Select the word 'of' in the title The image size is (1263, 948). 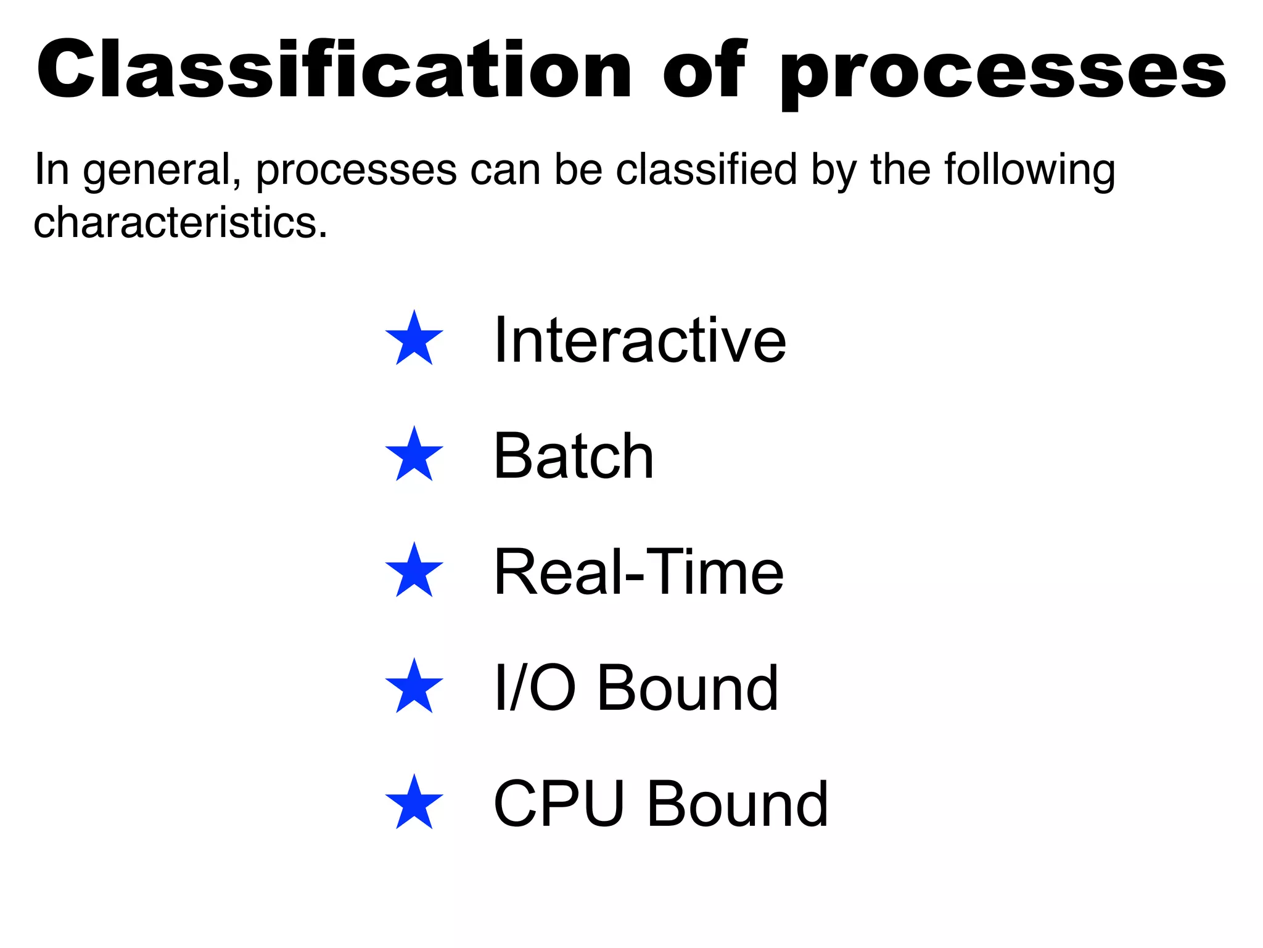(704, 69)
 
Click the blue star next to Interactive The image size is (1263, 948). (414, 339)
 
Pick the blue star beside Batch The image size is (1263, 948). (414, 455)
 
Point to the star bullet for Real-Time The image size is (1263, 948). (414, 571)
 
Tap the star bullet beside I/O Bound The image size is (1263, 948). (414, 687)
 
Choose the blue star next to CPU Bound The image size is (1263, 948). (414, 803)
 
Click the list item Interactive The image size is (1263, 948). (640, 340)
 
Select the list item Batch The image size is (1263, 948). (574, 456)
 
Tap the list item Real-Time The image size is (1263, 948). (638, 572)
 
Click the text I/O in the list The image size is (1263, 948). (535, 688)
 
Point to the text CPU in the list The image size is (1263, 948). (559, 804)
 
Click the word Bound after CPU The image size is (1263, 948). (738, 804)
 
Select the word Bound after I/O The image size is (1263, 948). (688, 688)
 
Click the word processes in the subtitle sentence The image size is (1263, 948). (356, 172)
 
